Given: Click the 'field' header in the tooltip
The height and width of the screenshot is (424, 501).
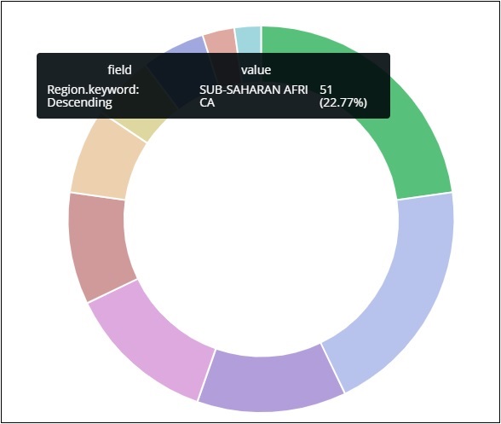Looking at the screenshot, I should pos(119,70).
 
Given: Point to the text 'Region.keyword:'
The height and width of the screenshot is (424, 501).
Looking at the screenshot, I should pos(94,90).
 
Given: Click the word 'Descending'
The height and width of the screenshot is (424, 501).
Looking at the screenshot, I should pos(80,102).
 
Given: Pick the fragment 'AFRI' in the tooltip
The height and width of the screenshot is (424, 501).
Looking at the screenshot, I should pos(293,90).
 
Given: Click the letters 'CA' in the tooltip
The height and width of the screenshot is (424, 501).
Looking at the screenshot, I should pos(207,102).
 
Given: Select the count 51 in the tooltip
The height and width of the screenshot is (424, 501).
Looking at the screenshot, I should pos(327,90).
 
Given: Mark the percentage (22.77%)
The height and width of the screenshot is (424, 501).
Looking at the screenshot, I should pos(343,102).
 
